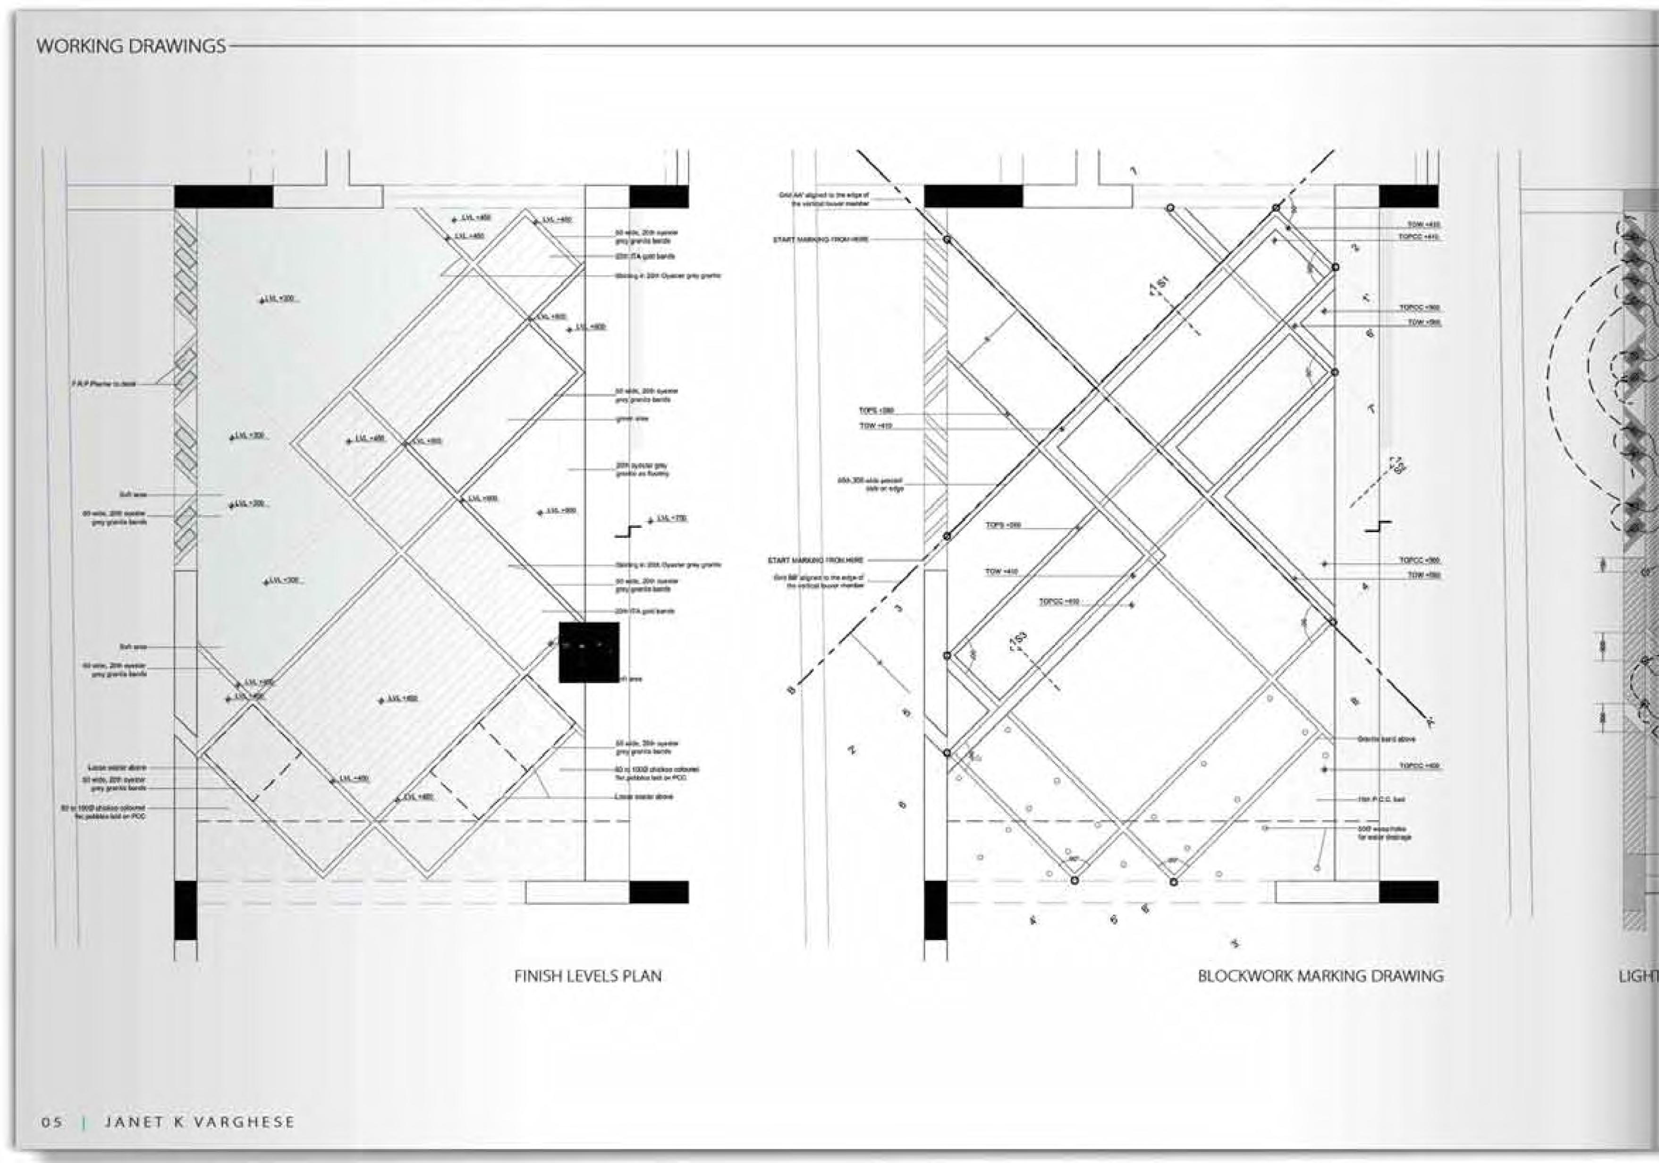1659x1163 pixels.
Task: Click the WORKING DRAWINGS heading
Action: point(131,46)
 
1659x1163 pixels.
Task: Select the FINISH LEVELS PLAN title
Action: point(587,976)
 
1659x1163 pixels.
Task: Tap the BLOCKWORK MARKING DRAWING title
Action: point(1320,976)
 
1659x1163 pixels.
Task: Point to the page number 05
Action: point(51,1122)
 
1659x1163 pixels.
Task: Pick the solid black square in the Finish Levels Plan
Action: point(589,652)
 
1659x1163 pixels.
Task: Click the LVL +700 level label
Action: point(671,518)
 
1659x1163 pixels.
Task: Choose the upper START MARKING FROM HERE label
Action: point(820,239)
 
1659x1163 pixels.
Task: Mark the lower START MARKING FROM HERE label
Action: point(815,560)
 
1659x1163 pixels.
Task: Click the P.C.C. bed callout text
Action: point(1381,799)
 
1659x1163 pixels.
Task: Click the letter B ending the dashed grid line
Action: point(791,691)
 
